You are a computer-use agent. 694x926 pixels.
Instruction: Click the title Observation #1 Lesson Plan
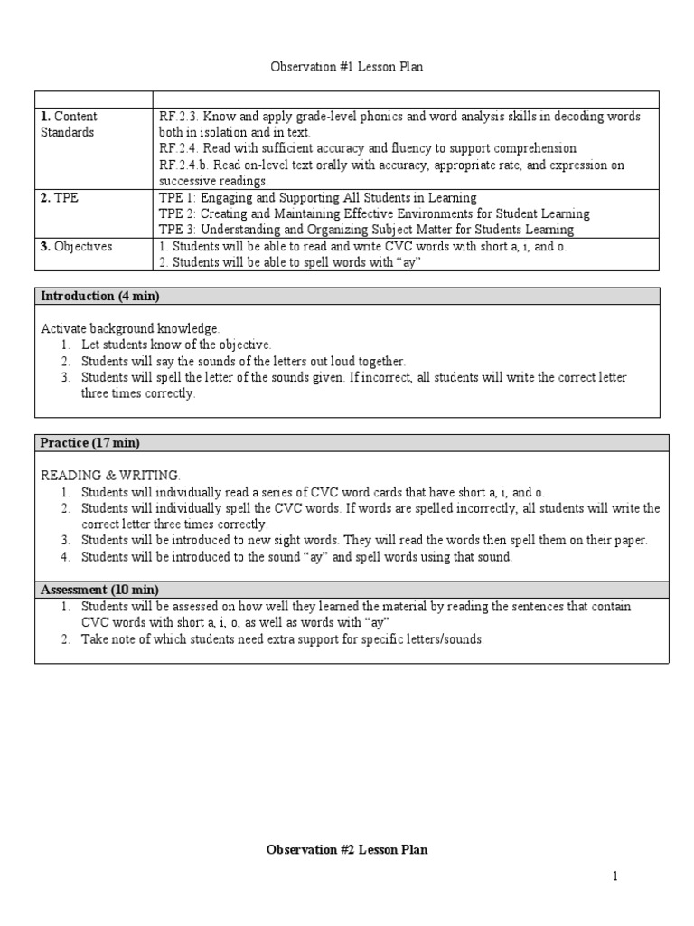coord(347,67)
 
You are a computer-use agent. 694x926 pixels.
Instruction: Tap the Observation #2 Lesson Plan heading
coord(347,849)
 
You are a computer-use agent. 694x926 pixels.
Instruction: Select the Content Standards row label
coord(69,124)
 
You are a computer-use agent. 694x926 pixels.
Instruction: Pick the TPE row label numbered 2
coord(60,197)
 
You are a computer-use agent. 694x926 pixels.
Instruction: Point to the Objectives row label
coord(76,246)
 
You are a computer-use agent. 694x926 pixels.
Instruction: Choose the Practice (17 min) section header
coord(90,442)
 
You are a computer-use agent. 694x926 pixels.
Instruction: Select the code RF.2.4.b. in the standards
coord(185,165)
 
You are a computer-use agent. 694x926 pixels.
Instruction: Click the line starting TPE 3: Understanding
coord(374,230)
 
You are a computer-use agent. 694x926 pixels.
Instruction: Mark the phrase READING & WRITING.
coord(111,475)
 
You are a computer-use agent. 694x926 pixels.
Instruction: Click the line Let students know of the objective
coord(176,345)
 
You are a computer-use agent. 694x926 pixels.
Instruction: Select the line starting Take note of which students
coord(282,639)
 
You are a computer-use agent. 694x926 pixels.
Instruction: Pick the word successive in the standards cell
coord(187,181)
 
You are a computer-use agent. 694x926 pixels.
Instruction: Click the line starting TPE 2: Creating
coord(374,213)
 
